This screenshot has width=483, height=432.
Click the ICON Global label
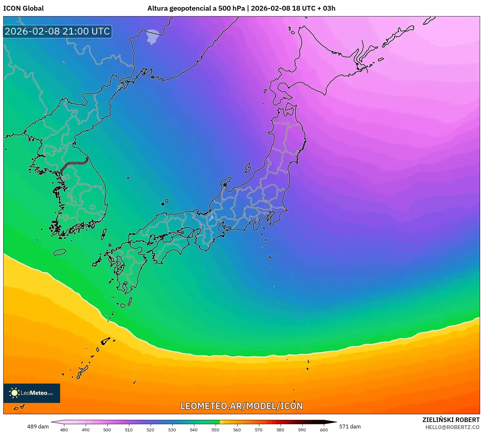click(23, 8)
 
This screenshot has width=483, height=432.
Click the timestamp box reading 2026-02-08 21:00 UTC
click(58, 31)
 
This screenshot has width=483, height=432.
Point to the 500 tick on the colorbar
click(107, 429)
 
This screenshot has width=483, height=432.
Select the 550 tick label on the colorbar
click(215, 429)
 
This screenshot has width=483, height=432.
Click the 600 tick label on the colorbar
click(324, 429)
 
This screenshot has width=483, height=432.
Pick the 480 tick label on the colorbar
click(64, 429)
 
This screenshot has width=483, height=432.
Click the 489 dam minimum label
click(38, 427)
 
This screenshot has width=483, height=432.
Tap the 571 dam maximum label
click(350, 427)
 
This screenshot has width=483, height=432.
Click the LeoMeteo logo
click(32, 393)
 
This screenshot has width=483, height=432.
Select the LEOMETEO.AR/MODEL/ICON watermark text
click(242, 406)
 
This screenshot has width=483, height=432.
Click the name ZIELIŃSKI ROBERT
click(451, 420)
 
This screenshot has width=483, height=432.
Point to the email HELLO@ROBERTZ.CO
click(452, 427)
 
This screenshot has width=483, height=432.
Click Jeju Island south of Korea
click(59, 252)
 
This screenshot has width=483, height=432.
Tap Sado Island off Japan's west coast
click(248, 167)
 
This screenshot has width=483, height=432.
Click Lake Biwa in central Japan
click(211, 218)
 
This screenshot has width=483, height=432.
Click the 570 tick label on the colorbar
click(259, 429)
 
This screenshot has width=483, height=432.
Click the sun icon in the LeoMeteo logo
click(14, 393)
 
